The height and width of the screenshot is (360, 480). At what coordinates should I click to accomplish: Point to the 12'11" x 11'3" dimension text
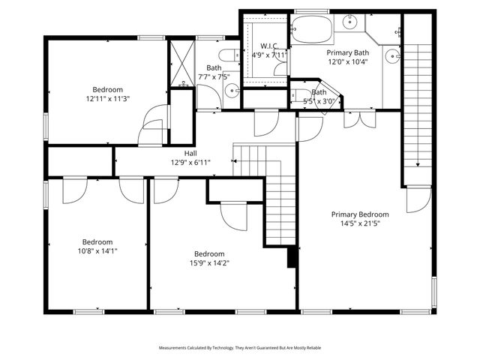[x=107, y=98]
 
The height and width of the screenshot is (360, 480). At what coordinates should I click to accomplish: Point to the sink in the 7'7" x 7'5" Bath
[x=232, y=91]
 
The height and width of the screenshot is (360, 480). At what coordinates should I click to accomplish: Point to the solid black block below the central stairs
[x=292, y=257]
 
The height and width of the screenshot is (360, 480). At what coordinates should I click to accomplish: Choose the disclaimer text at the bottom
[x=240, y=348]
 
